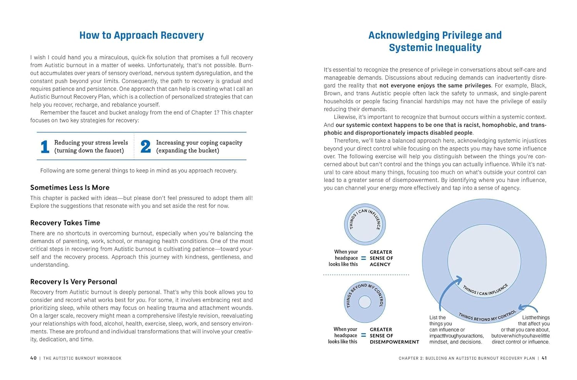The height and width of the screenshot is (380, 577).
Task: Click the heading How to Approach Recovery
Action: pos(142,35)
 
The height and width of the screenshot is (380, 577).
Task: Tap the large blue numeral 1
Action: pos(45,147)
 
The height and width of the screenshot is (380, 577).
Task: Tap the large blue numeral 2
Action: pos(145,147)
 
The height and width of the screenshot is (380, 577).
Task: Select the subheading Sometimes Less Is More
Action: pos(70,187)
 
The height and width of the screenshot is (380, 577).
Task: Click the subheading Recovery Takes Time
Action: pos(65,223)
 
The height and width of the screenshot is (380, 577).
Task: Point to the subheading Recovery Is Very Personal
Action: pos(73,282)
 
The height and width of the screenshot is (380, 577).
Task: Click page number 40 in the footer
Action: pos(33,358)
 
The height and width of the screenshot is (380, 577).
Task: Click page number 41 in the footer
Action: pos(544,358)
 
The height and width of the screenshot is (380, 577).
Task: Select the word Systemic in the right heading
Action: pos(410,48)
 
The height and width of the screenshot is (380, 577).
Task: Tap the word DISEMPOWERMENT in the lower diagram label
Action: pos(394,342)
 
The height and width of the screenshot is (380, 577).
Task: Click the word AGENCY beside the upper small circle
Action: pos(380,264)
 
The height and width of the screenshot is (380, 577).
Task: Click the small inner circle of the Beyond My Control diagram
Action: pos(365,302)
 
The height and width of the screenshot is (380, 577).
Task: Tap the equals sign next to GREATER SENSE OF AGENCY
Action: pos(364,258)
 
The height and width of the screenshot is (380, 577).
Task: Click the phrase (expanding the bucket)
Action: pos(187,151)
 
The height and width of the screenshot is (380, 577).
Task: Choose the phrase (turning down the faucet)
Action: pos(89,151)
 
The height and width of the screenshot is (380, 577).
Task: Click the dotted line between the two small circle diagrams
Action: pos(366,275)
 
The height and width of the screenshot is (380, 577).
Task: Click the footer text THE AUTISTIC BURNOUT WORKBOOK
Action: pos(82,358)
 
